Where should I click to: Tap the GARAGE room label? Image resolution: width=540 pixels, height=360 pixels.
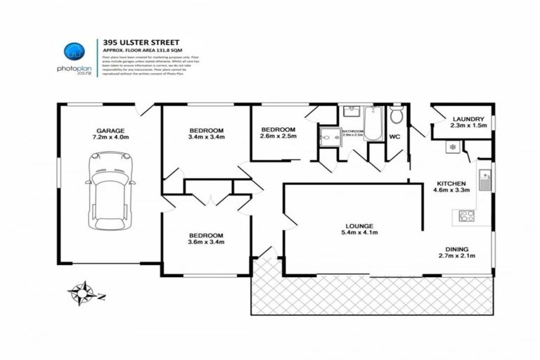click(110, 131)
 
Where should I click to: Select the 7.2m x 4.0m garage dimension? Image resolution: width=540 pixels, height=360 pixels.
click(110, 139)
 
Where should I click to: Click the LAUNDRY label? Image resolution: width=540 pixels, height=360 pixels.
click(468, 119)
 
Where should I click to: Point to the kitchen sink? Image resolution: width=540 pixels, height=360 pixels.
click(484, 181)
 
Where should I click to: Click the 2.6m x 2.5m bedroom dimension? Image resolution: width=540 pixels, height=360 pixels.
click(278, 138)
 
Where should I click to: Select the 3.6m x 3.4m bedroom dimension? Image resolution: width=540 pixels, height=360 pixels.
click(206, 243)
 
